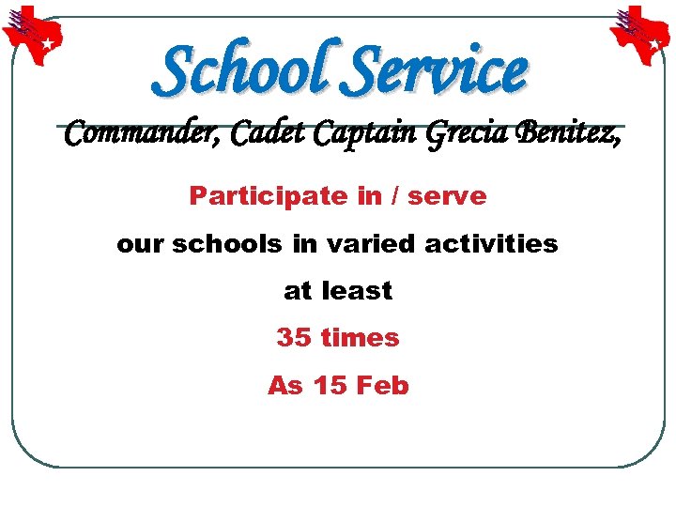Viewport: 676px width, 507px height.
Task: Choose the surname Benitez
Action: (567, 137)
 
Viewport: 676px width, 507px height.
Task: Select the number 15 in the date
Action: (329, 385)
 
